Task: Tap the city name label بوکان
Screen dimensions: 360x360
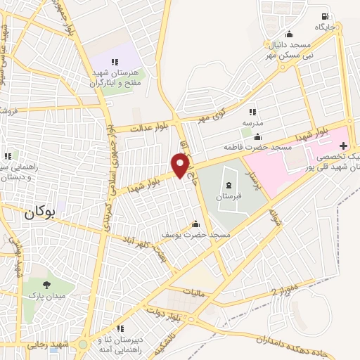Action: [x=38, y=212]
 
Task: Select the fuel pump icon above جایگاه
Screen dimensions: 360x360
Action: [x=323, y=17]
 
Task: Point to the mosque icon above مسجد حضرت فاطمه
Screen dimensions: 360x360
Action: [x=258, y=136]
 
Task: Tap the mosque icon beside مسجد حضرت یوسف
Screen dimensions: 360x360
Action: [x=195, y=224]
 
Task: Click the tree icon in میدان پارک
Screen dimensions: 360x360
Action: [x=46, y=285]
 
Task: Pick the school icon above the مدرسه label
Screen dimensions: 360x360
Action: [x=252, y=111]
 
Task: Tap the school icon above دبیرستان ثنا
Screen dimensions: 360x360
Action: [x=120, y=328]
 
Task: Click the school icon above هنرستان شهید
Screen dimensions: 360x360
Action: [x=115, y=63]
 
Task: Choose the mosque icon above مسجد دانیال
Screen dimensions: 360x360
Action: [x=288, y=34]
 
